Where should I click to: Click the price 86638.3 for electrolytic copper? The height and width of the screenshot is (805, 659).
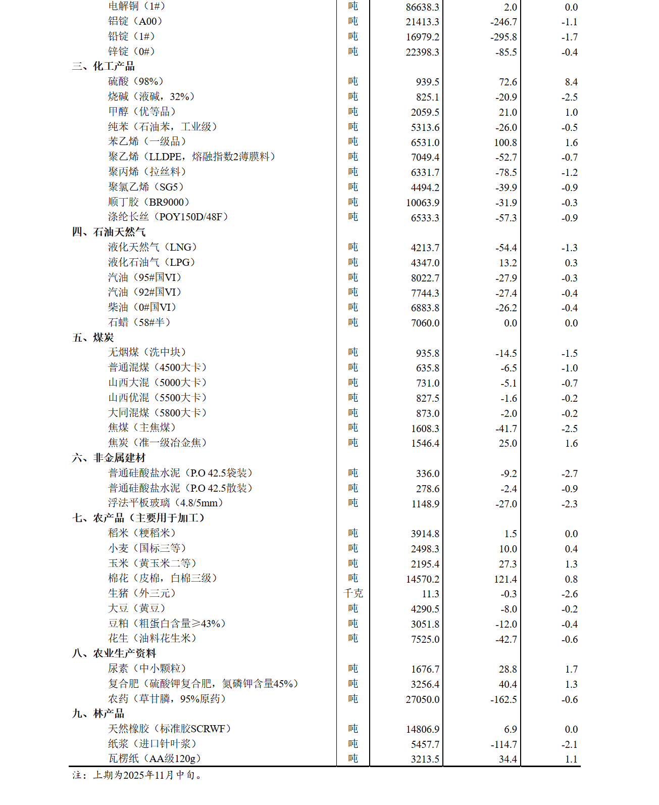click(422, 7)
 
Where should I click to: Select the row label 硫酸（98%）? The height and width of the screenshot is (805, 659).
click(135, 81)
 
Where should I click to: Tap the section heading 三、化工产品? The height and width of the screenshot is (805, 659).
click(104, 66)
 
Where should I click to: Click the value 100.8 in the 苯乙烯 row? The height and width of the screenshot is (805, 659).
click(505, 143)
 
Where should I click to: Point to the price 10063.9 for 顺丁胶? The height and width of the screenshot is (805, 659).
click(422, 203)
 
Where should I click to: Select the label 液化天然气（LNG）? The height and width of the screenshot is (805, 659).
click(153, 247)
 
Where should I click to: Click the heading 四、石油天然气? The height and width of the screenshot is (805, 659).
click(109, 232)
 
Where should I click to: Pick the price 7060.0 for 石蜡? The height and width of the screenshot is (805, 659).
click(425, 323)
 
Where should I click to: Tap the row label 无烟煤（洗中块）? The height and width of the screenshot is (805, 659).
click(147, 352)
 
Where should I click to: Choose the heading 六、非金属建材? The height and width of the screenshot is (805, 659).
click(109, 458)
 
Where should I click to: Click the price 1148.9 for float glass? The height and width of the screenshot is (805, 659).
click(425, 504)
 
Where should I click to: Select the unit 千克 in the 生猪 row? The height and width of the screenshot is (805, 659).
click(353, 593)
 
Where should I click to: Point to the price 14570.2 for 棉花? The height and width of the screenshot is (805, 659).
click(422, 579)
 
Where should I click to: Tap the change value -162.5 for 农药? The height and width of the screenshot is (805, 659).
click(503, 699)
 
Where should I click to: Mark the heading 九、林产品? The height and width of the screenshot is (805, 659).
click(98, 714)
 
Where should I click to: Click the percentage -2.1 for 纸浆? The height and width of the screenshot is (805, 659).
click(569, 744)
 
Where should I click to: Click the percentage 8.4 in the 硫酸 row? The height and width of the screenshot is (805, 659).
click(571, 82)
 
